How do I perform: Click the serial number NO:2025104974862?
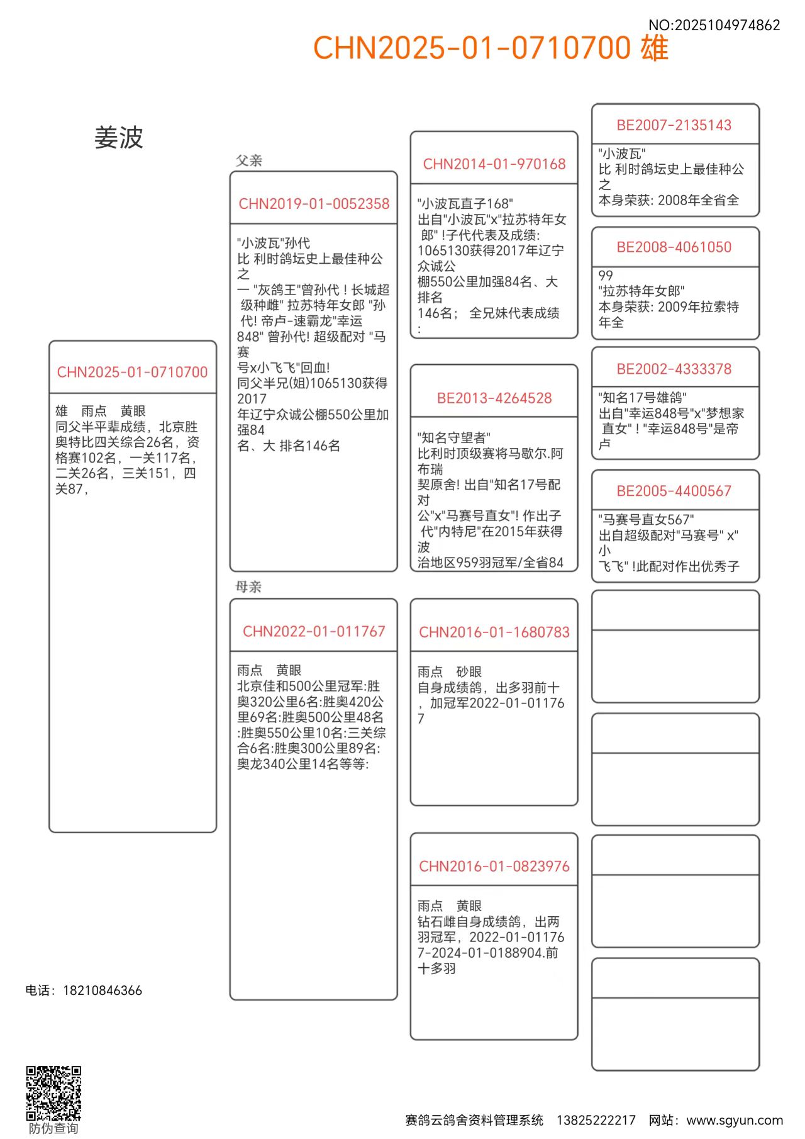pyautogui.click(x=714, y=25)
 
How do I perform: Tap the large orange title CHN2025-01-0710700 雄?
pyautogui.click(x=491, y=48)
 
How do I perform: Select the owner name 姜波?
pyautogui.click(x=119, y=137)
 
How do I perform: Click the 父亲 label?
pyautogui.click(x=249, y=160)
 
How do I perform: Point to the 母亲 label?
pyautogui.click(x=248, y=586)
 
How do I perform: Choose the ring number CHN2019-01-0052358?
pyautogui.click(x=314, y=204)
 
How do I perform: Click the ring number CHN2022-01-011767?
pyautogui.click(x=314, y=631)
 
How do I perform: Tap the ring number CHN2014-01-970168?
pyautogui.click(x=494, y=164)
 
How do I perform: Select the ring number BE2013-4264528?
pyautogui.click(x=494, y=398)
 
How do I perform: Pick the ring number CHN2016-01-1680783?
pyautogui.click(x=494, y=632)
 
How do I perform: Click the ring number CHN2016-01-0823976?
pyautogui.click(x=494, y=866)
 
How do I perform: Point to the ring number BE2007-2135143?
pyautogui.click(x=674, y=125)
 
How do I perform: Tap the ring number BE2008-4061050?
pyautogui.click(x=674, y=247)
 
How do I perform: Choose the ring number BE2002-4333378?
pyautogui.click(x=674, y=369)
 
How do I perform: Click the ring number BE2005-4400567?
pyautogui.click(x=674, y=491)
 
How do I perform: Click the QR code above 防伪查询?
pyautogui.click(x=53, y=1093)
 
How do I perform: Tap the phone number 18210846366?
pyautogui.click(x=103, y=990)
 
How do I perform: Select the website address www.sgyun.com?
pyautogui.click(x=735, y=1120)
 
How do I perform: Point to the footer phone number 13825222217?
pyautogui.click(x=596, y=1120)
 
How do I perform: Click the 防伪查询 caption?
pyautogui.click(x=53, y=1128)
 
